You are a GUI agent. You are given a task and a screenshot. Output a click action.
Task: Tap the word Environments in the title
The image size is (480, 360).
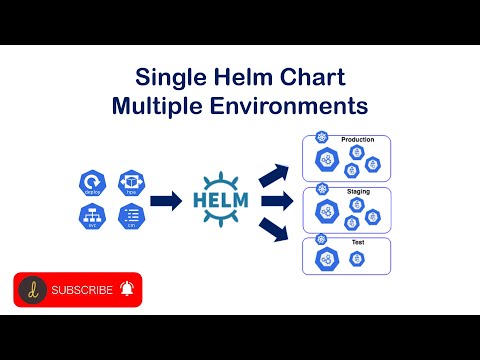[298, 104]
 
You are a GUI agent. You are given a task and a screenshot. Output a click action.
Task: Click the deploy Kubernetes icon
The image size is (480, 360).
[91, 183]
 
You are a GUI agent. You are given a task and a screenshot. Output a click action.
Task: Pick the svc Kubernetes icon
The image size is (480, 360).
[91, 216]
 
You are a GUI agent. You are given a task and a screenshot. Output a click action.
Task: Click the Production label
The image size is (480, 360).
[357, 140]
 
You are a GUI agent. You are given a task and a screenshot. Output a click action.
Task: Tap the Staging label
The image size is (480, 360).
[357, 191]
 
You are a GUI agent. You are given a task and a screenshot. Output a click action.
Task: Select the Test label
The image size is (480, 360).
[357, 241]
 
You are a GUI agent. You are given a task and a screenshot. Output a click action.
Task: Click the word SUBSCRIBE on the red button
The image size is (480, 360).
[82, 290]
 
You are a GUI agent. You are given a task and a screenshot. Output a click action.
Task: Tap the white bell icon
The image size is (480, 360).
[127, 290]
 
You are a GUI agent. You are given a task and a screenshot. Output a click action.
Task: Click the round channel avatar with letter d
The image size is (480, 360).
[33, 290]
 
